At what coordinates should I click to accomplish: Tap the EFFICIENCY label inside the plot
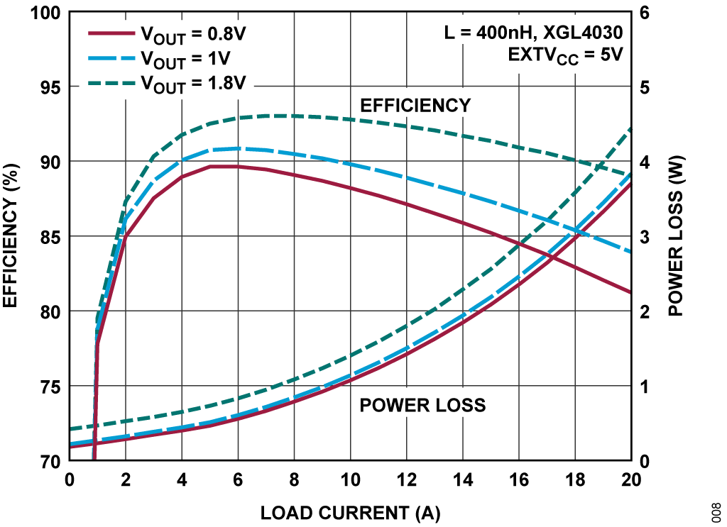click(415, 106)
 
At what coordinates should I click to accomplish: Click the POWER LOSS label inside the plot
click(422, 405)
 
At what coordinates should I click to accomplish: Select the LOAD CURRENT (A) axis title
click(350, 512)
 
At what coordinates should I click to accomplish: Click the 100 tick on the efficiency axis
click(44, 13)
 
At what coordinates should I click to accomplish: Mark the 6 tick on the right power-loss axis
click(645, 13)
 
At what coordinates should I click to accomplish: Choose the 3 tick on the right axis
click(645, 237)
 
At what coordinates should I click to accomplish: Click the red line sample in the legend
click(110, 33)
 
